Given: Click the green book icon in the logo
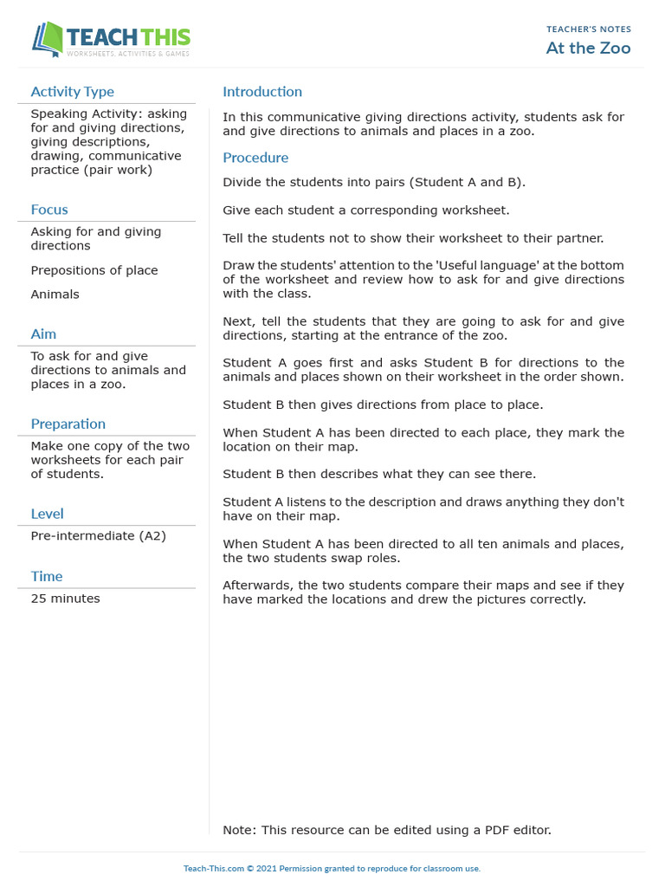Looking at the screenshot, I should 48,40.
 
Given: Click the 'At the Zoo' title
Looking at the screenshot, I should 588,48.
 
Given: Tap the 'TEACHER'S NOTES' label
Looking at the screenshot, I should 588,29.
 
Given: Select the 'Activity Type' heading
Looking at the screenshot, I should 72,92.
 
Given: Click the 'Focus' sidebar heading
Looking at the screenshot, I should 49,210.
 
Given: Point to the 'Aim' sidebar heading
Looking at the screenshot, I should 43,334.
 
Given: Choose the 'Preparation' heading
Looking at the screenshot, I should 68,424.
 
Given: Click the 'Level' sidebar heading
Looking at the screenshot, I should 47,515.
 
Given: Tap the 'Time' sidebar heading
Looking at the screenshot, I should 47,577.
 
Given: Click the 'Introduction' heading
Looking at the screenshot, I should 262,92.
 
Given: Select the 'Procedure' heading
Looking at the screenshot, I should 255,158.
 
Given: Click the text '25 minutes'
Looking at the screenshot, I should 65,599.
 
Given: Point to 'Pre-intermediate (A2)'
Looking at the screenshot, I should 98,536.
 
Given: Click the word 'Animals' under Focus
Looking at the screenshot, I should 55,295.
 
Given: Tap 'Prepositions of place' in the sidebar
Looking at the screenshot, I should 94,270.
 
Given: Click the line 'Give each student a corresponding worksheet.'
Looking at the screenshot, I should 366,210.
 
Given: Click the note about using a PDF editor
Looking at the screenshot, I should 386,830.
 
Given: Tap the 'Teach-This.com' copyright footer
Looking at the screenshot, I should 332,869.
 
